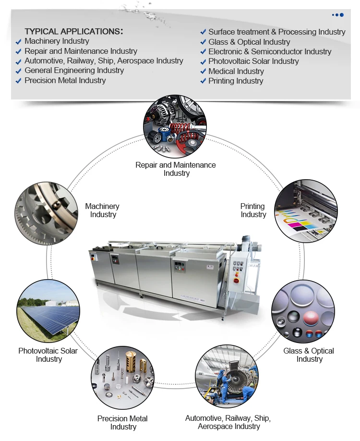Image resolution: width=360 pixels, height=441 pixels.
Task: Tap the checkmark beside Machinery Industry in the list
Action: point(18,42)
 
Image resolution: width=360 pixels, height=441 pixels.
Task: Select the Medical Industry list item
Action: point(236,71)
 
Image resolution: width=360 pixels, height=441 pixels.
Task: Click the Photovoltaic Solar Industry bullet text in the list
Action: point(253,61)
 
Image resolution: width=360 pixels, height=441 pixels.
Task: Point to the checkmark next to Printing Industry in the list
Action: point(203,81)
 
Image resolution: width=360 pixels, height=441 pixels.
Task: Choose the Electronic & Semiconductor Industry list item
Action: point(269,51)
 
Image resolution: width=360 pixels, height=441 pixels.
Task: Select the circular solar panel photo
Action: point(48,311)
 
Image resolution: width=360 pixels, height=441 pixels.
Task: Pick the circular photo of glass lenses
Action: point(303,311)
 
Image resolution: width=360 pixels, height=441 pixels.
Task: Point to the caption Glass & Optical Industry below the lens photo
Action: point(309,355)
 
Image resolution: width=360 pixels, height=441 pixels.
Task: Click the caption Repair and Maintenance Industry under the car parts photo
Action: point(176,169)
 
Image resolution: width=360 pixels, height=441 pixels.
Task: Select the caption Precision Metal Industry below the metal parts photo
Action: point(122,423)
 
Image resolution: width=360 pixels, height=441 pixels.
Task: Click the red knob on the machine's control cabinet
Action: point(236,280)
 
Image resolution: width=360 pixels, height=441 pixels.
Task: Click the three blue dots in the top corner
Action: point(337,15)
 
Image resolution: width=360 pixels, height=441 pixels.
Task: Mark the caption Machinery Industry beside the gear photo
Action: point(102,210)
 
